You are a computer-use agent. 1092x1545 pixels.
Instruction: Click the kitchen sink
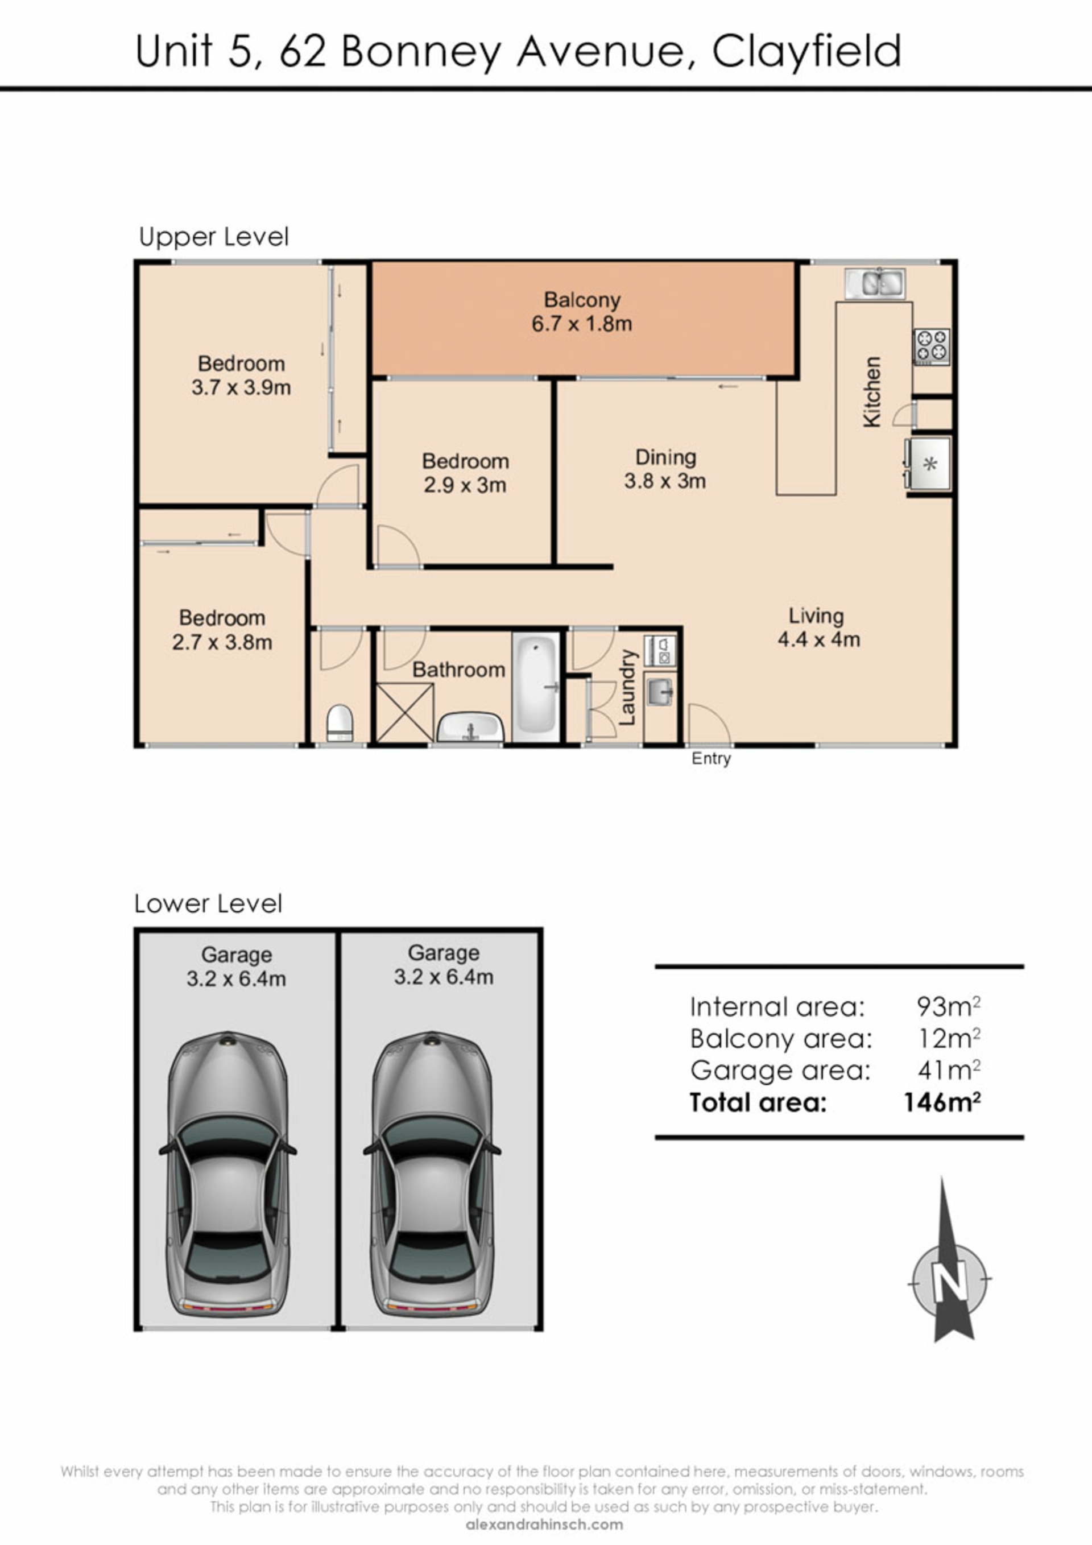coord(875,283)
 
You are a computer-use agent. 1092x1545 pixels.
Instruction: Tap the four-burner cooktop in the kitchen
coord(931,346)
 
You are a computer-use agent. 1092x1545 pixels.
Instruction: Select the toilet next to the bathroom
coord(340,722)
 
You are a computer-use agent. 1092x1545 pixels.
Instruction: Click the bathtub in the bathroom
coord(537,687)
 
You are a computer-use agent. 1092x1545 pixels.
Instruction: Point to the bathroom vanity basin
coord(470,728)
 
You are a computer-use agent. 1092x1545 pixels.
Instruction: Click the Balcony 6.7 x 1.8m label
coord(582,312)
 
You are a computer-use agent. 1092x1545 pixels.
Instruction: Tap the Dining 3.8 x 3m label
coord(665,469)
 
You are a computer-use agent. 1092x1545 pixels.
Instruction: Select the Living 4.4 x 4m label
coord(818,627)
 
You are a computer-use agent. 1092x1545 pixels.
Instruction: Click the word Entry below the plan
coord(711,759)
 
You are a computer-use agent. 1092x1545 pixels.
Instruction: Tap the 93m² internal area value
coord(948,1007)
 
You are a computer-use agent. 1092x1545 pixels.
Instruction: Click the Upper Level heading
coord(214,237)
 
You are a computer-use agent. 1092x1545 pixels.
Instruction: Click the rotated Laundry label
coord(627,688)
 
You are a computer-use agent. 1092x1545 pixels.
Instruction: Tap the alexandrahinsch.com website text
coord(544,1525)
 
